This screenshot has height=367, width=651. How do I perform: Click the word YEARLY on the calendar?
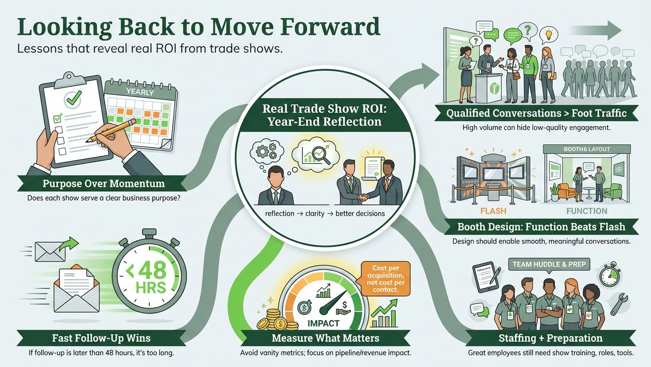(140, 92)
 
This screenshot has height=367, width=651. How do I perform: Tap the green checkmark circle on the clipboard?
(74, 98)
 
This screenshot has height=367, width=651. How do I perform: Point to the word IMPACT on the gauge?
(323, 324)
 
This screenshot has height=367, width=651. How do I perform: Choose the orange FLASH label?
(493, 211)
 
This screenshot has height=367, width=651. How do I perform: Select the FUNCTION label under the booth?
(587, 211)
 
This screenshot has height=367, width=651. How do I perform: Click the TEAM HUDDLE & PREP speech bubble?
(549, 264)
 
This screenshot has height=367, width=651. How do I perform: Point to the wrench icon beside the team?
(619, 304)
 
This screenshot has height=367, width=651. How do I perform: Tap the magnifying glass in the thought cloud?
(321, 155)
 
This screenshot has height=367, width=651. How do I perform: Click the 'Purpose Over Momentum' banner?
(103, 183)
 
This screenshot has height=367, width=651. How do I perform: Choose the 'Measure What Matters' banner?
(325, 338)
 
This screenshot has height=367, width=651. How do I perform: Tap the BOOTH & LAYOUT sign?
(587, 149)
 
